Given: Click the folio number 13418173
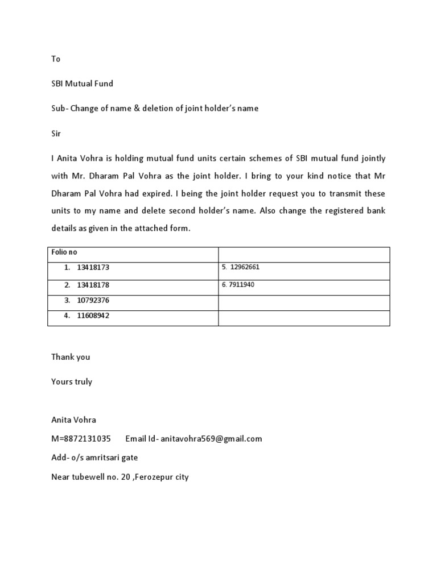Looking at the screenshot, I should [x=93, y=267].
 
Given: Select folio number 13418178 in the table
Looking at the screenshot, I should [x=93, y=285].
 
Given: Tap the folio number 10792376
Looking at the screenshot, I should [x=93, y=300].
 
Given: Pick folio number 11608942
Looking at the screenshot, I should [x=93, y=315].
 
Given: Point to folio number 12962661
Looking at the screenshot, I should [x=245, y=267].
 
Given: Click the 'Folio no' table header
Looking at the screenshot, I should [x=64, y=252].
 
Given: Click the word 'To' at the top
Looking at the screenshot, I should [x=56, y=59].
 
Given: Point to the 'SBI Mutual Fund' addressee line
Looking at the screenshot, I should [x=82, y=84].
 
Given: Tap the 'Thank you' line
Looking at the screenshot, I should [x=71, y=357].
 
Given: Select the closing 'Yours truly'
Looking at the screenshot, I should [x=72, y=382].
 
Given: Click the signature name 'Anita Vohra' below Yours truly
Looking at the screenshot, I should [x=73, y=420].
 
